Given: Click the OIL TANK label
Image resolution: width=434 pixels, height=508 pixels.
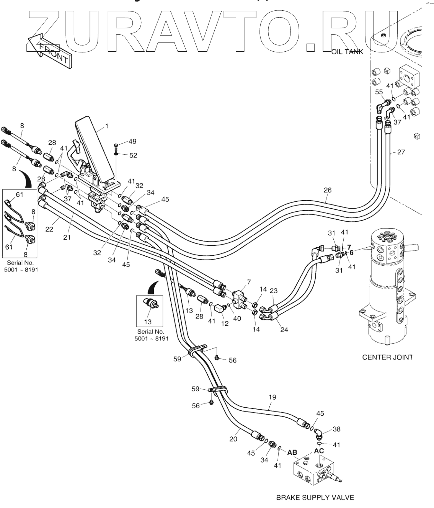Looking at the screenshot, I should tap(347, 52).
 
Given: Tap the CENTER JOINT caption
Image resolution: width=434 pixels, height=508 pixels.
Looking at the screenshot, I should tap(387, 357).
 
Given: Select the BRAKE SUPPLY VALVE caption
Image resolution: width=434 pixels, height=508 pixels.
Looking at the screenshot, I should tap(315, 497).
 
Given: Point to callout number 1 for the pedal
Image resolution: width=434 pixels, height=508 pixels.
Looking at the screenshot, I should tap(107, 126).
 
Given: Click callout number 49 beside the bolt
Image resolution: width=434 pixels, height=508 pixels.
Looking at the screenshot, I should tap(132, 142).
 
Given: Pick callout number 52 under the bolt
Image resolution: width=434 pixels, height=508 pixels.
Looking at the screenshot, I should tap(133, 155).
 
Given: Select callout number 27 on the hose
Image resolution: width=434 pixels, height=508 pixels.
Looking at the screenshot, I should tap(401, 152).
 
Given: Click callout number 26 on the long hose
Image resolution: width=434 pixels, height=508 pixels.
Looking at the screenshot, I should tap(327, 190).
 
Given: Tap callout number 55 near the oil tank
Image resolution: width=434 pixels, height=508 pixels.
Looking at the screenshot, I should tap(379, 92).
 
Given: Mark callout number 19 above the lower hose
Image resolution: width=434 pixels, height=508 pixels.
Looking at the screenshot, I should tap(272, 397).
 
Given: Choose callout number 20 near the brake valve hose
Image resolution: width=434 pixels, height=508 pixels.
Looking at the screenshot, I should tap(233, 439).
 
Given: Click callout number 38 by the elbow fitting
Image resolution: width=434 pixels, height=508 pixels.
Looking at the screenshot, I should tap(336, 430).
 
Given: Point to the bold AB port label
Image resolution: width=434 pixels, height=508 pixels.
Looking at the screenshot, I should tap(292, 452).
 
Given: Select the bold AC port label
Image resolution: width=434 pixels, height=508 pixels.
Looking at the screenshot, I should tap(319, 451).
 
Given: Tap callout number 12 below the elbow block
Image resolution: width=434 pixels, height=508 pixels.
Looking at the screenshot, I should tap(225, 323).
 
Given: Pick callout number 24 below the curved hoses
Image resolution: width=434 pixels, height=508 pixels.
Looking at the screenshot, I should tap(284, 329).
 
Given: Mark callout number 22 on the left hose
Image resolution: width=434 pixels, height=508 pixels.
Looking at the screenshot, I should tap(49, 229).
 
